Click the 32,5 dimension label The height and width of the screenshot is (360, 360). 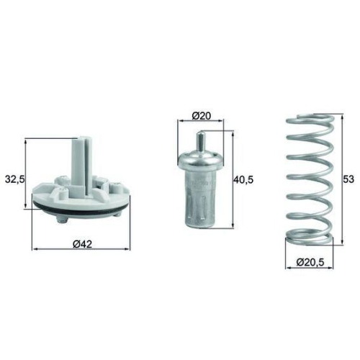tap(15, 179)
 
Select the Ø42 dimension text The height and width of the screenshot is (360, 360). tap(82, 244)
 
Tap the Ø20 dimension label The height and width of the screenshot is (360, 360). tap(201, 116)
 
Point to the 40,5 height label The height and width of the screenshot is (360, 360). tap(243, 179)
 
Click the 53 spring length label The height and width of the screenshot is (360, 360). tap(348, 179)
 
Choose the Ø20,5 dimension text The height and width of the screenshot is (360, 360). tap(310, 262)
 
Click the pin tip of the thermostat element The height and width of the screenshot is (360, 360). tap(200, 133)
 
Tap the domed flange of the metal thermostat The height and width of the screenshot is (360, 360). tap(201, 158)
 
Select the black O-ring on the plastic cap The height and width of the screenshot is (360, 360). tap(81, 208)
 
